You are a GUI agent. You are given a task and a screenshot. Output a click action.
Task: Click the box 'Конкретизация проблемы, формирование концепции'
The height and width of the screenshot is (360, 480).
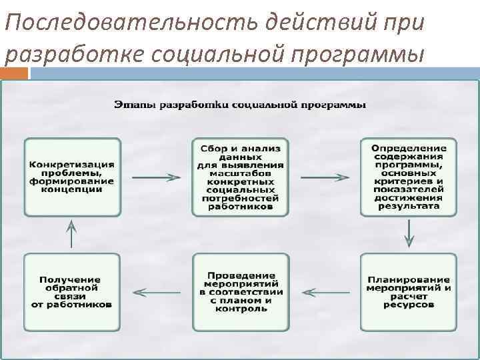tap(73, 177)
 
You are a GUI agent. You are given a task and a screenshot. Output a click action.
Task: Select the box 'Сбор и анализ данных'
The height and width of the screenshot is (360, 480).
tap(241, 177)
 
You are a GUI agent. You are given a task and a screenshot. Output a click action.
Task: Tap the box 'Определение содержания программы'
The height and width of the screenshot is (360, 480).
tap(409, 177)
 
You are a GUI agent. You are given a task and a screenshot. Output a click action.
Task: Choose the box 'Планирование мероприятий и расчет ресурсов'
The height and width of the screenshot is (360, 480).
tap(409, 292)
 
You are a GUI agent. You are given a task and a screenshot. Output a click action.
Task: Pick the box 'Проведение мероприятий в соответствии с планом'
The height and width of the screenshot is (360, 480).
tap(241, 292)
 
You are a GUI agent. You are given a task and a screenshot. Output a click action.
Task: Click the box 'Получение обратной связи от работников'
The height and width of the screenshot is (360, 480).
tap(73, 292)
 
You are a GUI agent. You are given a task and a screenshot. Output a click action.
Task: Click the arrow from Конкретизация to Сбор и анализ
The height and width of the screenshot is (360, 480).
tap(157, 177)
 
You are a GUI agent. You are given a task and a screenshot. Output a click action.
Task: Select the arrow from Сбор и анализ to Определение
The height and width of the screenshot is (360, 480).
tap(325, 177)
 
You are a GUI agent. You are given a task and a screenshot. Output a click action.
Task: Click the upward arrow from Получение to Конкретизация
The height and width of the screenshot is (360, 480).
tap(73, 235)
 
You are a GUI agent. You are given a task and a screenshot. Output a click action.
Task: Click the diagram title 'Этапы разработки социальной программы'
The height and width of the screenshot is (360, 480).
tap(240, 105)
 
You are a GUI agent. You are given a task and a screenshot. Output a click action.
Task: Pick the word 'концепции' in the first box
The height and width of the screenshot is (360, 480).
tap(72, 189)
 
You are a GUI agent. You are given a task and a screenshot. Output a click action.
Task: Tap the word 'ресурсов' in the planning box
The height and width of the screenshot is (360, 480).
tap(409, 304)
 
